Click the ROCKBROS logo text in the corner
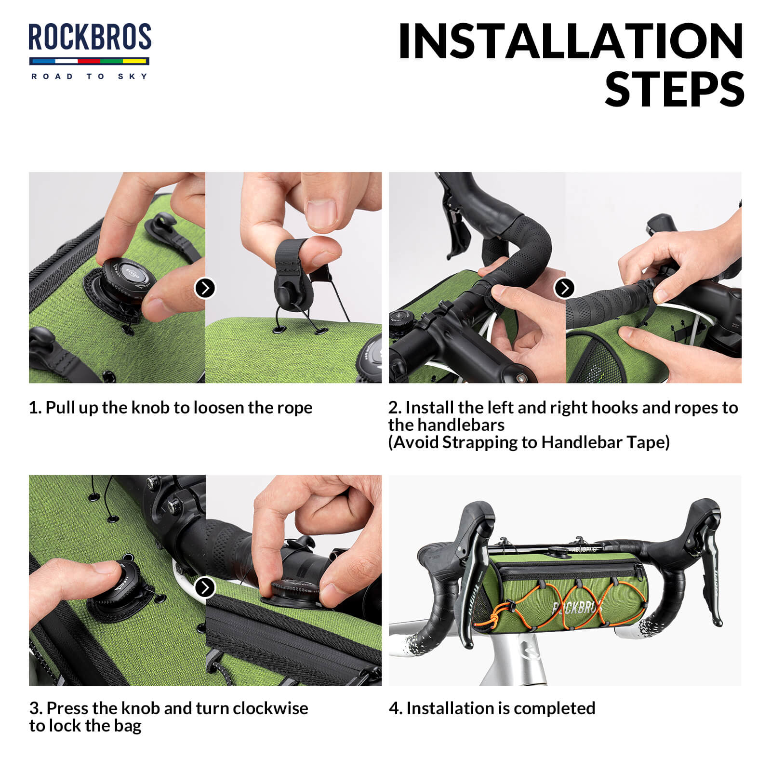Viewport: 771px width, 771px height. (90, 37)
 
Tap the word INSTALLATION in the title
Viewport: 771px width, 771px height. (571, 42)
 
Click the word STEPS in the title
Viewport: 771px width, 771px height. (675, 90)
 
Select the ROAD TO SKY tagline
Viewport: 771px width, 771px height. (90, 76)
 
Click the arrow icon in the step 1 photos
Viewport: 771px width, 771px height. (205, 288)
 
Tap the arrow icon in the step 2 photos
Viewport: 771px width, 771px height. (565, 288)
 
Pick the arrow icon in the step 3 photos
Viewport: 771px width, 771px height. (205, 587)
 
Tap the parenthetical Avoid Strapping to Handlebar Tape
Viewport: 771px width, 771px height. (529, 442)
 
